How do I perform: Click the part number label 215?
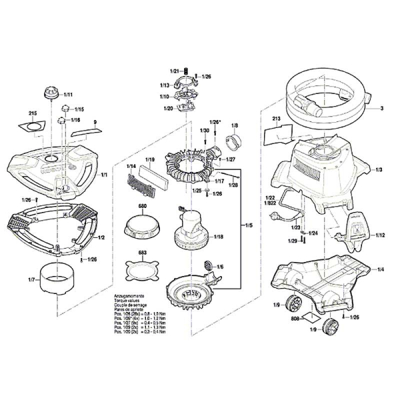[33, 114]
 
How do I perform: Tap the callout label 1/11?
[69, 95]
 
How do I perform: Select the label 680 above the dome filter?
[142, 207]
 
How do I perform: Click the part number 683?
[142, 253]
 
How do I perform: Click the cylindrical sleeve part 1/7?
[57, 279]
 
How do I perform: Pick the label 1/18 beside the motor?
[218, 237]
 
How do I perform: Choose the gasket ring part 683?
[143, 273]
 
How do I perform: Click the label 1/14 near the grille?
[131, 166]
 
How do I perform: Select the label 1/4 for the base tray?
[380, 269]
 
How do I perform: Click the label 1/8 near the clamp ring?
[234, 125]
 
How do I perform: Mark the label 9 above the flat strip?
[95, 122]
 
